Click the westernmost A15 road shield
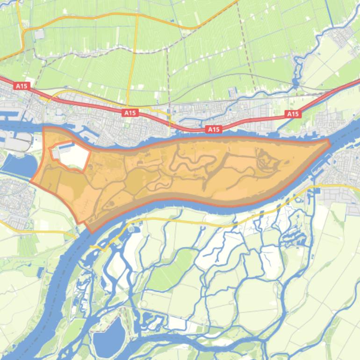click(x=22, y=86)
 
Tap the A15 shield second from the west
click(x=130, y=113)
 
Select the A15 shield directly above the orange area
click(x=213, y=130)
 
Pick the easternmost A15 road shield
click(x=293, y=114)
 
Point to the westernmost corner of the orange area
click(x=32, y=181)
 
